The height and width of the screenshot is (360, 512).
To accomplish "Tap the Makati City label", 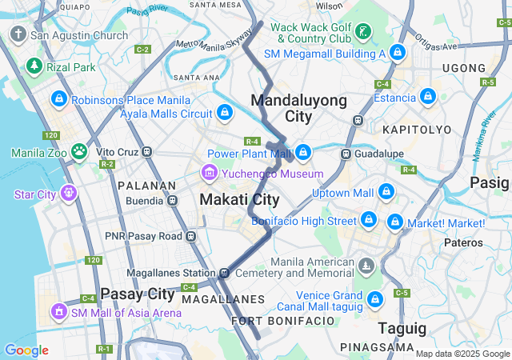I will [x=239, y=199].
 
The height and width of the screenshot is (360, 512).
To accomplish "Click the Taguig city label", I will [x=402, y=327].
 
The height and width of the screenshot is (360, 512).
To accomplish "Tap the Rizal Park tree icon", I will [x=34, y=66].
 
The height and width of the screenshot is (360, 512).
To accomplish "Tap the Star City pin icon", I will [x=68, y=193].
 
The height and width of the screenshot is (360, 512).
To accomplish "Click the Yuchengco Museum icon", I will [x=209, y=172].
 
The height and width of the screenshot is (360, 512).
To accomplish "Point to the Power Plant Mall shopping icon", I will [x=303, y=152].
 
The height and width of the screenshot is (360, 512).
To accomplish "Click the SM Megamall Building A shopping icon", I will [x=398, y=53].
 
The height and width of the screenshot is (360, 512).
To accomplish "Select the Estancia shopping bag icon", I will [x=428, y=98].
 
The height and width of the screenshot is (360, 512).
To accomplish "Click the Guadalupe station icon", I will [x=346, y=153].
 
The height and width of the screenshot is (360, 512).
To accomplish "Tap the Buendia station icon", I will [x=172, y=201].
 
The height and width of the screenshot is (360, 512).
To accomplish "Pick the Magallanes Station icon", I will [x=226, y=272].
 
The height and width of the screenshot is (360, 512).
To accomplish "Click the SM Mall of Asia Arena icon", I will [x=57, y=310].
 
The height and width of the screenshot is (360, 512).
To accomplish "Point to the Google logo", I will [x=26, y=350].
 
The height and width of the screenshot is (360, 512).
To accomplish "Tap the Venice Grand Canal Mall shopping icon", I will [x=376, y=300].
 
